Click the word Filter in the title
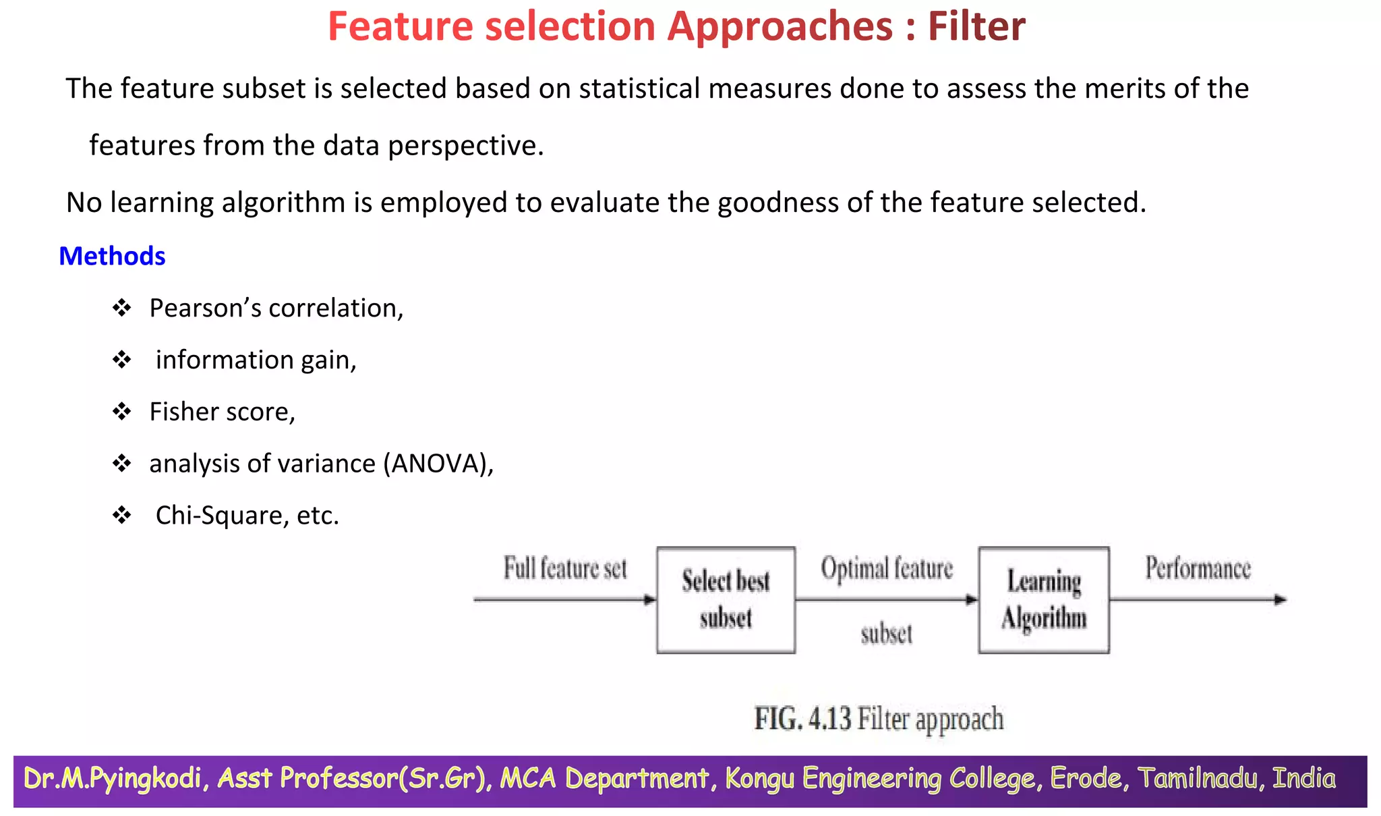click(976, 27)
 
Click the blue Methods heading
click(112, 256)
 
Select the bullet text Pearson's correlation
click(276, 308)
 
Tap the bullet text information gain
click(256, 360)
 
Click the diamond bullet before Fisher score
click(121, 412)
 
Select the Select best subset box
click(726, 599)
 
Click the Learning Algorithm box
click(1043, 599)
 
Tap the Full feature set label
click(565, 568)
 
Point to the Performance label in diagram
click(1198, 568)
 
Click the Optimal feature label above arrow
click(887, 568)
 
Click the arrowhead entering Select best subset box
click(649, 599)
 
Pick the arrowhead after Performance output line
click(1280, 599)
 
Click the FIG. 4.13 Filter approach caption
click(879, 719)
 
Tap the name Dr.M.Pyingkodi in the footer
click(113, 779)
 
